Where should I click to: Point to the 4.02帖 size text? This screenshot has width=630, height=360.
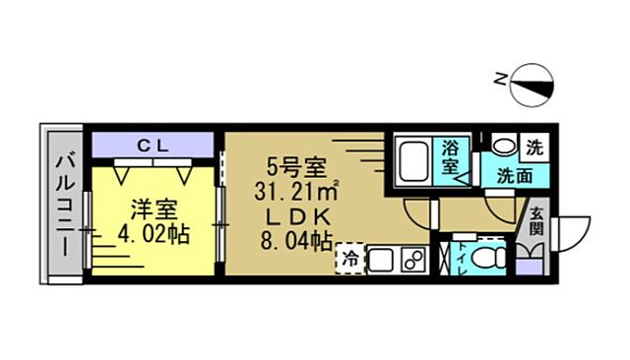tap(152, 236)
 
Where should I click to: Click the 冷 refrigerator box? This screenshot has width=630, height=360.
tap(349, 259)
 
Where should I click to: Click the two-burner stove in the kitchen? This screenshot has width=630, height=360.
tap(412, 259)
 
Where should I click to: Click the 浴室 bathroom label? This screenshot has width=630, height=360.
tap(452, 158)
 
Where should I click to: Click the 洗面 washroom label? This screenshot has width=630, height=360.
tap(514, 178)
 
